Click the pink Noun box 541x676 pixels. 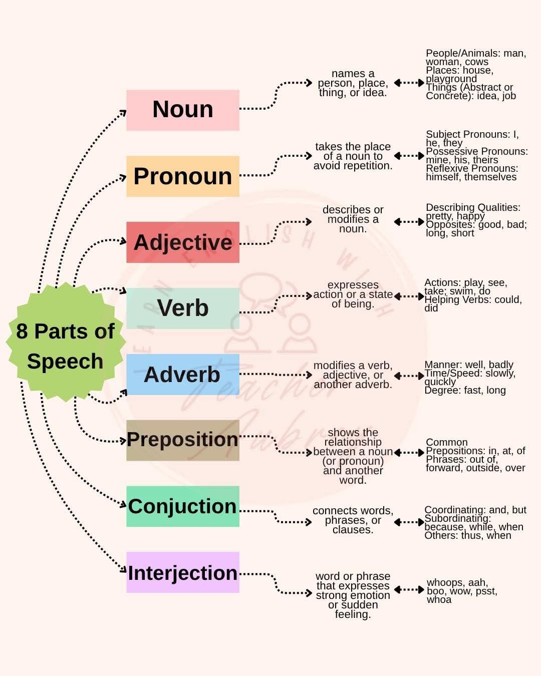[182, 110]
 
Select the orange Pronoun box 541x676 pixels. [182, 176]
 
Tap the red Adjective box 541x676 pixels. [182, 242]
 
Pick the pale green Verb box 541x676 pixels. [182, 308]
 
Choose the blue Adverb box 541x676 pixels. [182, 375]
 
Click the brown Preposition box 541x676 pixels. [182, 440]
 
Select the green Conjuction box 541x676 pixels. [182, 506]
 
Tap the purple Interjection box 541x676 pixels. [182, 572]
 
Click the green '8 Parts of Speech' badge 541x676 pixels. [65, 346]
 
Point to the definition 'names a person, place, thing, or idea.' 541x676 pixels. [353, 83]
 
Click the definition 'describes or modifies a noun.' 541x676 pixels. [353, 219]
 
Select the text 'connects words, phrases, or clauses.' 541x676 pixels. [353, 520]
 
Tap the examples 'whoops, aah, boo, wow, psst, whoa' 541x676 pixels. [461, 591]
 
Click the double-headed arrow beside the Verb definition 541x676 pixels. [409, 296]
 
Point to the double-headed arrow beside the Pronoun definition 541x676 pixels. [409, 156]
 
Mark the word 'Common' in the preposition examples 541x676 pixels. [446, 442]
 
